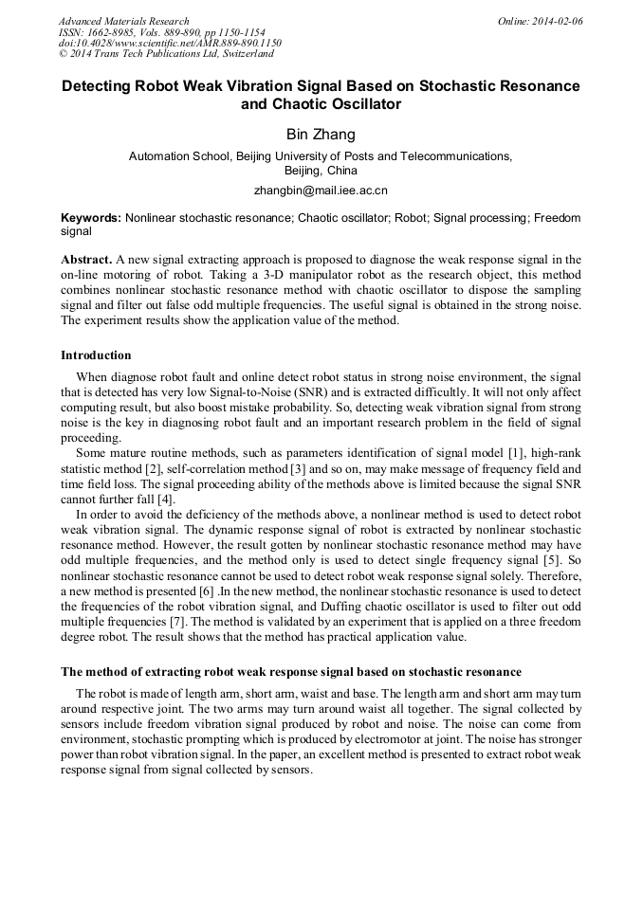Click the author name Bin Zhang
(321, 134)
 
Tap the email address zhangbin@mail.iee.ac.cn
(321, 190)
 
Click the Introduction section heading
(96, 355)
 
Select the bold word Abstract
(86, 259)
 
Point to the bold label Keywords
(90, 217)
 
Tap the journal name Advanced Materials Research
(124, 21)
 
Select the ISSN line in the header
(161, 32)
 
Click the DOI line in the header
(170, 44)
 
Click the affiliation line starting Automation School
(321, 156)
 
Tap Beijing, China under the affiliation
(321, 171)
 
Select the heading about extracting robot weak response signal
(291, 672)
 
